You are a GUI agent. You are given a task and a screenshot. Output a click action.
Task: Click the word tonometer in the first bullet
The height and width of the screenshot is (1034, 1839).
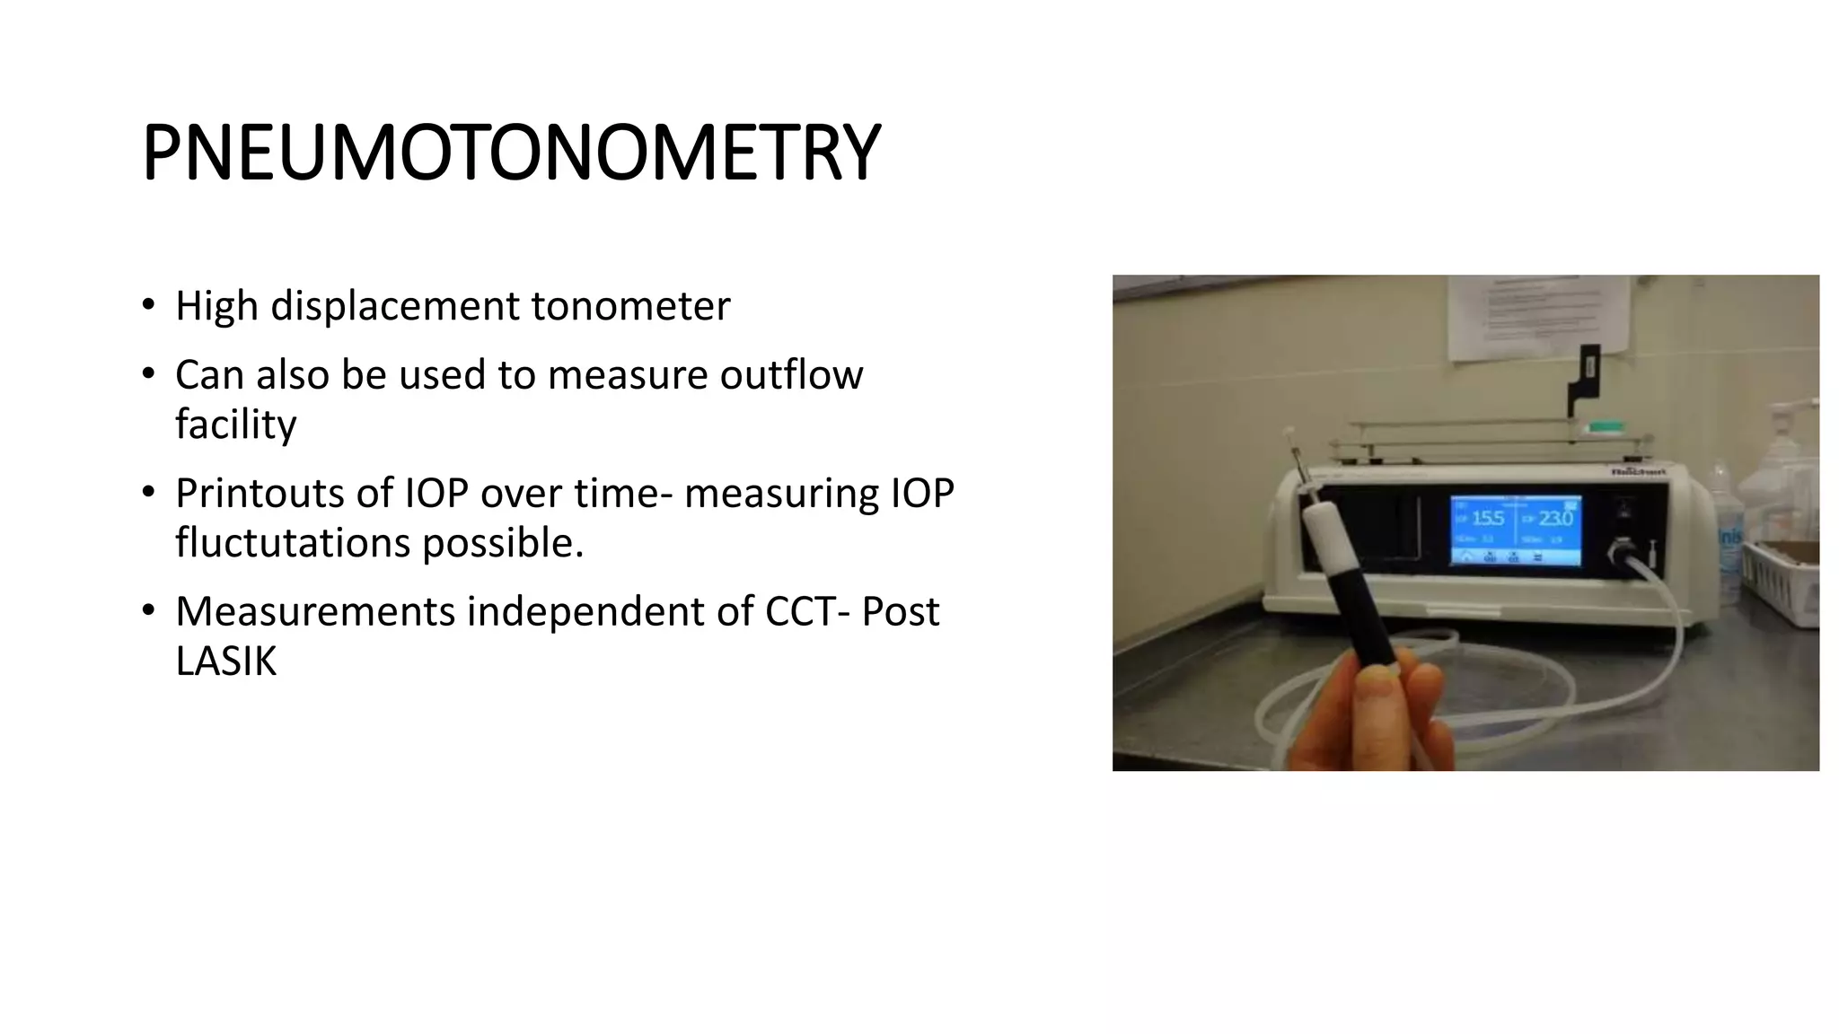630,306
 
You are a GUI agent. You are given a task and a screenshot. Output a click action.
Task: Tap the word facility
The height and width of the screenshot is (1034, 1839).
235,425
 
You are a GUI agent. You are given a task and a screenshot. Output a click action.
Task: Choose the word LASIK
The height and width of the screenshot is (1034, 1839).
226,662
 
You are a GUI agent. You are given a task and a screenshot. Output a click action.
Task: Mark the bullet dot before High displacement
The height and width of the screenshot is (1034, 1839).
148,303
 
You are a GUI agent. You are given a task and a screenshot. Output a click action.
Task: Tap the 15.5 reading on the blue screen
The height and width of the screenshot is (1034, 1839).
1487,519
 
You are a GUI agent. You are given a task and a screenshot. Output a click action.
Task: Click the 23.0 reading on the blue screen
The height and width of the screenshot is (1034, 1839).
1555,519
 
